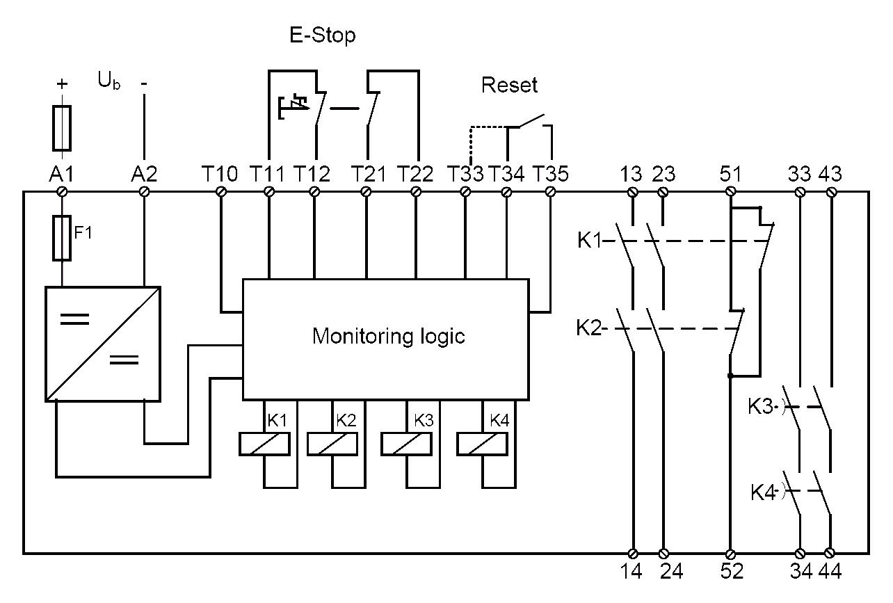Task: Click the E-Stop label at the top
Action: coord(323,35)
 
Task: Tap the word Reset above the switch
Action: coord(510,86)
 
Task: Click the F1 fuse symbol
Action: coord(62,237)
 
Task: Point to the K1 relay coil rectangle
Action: coord(265,443)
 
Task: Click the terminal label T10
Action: coord(222,173)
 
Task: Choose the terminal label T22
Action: coord(415,173)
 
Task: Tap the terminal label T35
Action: coord(550,173)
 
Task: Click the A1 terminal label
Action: coord(61,173)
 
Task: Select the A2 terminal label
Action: coord(144,173)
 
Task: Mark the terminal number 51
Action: coord(731,173)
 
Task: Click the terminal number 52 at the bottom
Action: coord(731,572)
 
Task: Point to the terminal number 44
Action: coord(831,572)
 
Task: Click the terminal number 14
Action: coord(633,572)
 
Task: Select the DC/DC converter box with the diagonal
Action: coord(103,343)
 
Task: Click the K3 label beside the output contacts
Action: coord(762,407)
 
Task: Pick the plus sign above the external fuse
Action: coord(62,83)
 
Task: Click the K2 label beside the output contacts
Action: coord(589,328)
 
